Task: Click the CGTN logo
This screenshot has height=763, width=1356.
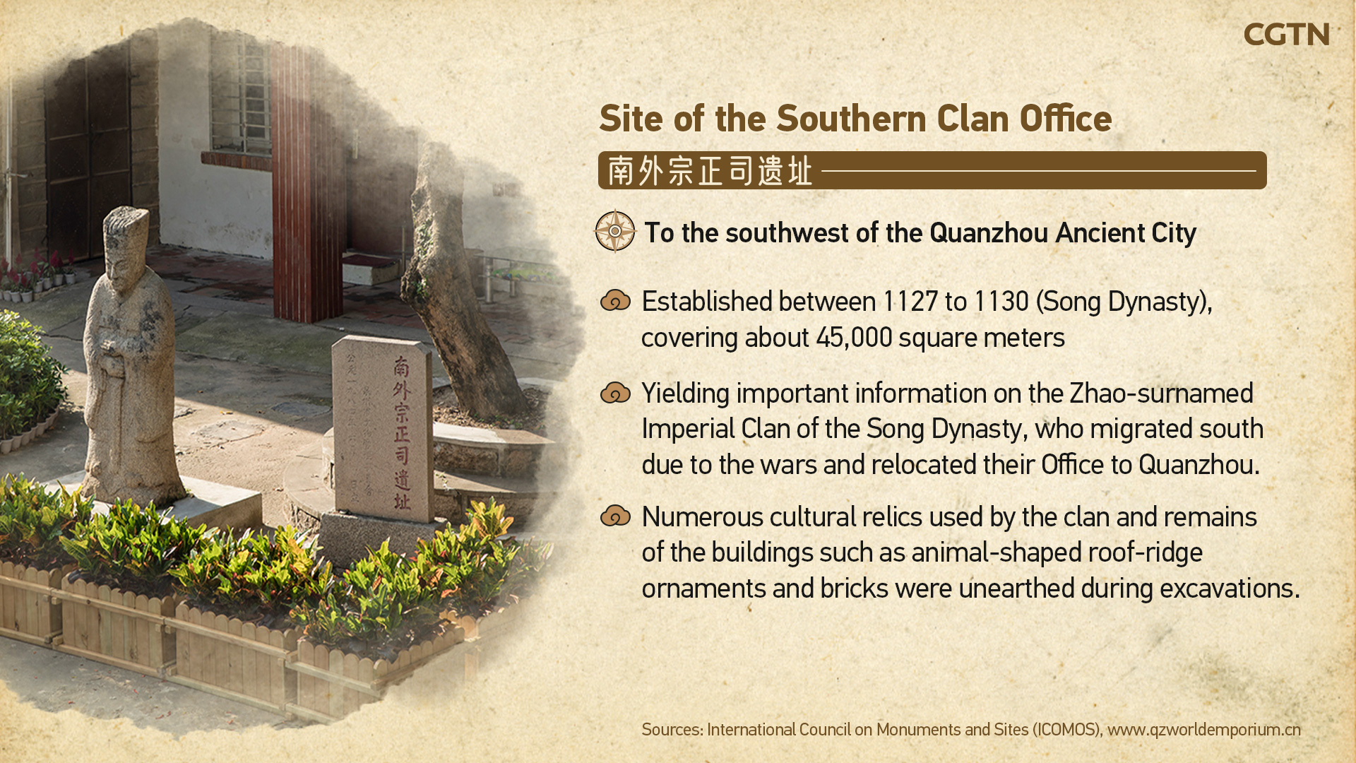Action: (1286, 35)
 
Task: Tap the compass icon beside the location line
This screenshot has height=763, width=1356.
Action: (615, 231)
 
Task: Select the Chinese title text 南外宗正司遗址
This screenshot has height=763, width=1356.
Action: (710, 171)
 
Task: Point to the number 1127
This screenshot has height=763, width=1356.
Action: (911, 302)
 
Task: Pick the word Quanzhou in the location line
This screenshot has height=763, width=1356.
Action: (989, 233)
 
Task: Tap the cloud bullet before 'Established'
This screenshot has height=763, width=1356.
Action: (615, 301)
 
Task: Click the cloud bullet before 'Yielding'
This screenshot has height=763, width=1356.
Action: (615, 393)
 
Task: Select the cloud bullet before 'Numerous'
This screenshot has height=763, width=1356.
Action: (615, 516)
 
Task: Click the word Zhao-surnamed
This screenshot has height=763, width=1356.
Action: (1162, 394)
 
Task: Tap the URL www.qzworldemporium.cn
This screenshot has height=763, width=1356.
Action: (1204, 730)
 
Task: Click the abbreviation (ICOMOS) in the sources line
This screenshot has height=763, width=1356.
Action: (1067, 730)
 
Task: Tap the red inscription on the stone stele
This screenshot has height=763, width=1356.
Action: (402, 432)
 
